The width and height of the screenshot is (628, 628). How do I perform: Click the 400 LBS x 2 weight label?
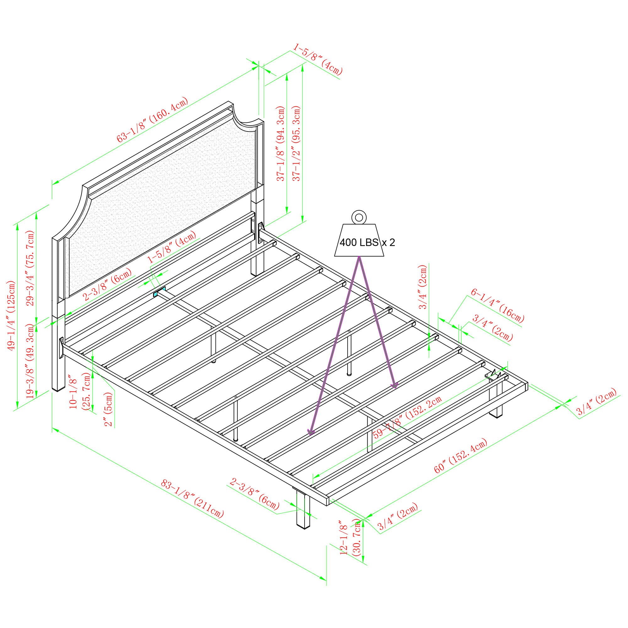(367, 242)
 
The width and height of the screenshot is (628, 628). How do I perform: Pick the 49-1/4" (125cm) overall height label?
(12, 315)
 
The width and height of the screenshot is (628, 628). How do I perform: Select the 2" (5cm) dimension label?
(109, 408)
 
